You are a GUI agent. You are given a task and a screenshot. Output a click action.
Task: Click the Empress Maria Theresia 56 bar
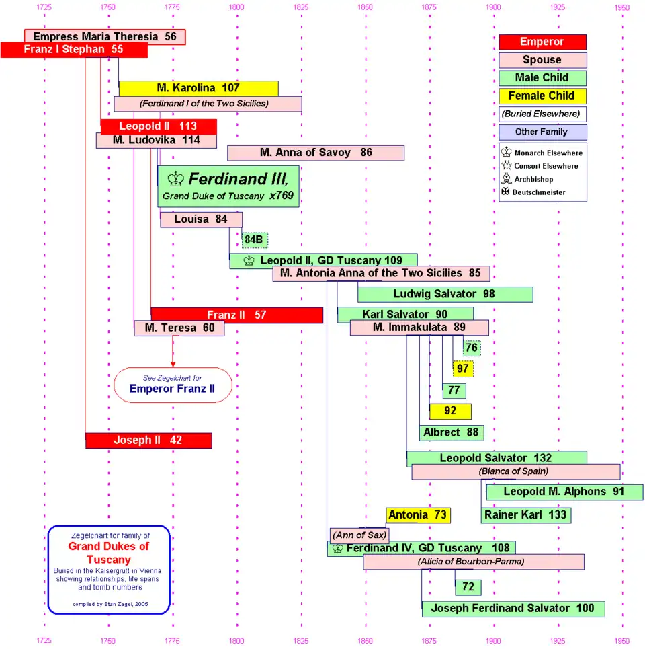[x=104, y=36]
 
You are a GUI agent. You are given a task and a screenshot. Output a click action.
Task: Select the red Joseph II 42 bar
[x=148, y=441]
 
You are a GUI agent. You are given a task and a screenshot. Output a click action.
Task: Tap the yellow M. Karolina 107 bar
[x=198, y=88]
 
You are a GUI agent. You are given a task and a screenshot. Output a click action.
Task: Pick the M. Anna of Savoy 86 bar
[x=316, y=153]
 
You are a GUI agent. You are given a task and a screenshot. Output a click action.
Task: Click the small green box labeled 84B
[x=255, y=240]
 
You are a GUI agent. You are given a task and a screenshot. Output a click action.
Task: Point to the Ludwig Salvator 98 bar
[x=445, y=294]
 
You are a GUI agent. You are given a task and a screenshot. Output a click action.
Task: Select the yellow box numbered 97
[x=463, y=369]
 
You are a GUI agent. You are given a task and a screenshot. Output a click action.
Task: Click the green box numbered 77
[x=454, y=391]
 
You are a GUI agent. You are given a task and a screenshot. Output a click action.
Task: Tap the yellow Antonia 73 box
[x=418, y=515]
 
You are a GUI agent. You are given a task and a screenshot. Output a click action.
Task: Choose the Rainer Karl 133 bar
[x=525, y=515]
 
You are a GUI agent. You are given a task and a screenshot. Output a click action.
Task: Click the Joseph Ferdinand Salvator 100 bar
[x=513, y=609]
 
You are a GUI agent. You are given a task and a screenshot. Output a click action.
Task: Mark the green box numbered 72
[x=468, y=587]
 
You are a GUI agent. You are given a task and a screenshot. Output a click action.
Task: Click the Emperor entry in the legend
[x=542, y=42]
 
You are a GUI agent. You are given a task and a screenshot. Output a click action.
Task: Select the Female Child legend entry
[x=542, y=96]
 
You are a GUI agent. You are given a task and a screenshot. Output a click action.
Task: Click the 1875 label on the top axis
[x=429, y=7]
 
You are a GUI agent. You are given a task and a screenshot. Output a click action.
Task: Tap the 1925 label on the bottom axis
[x=558, y=640]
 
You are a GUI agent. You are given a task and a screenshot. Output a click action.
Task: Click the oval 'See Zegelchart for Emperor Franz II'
[x=173, y=385]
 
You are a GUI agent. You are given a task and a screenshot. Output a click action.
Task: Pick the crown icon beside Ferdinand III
[x=176, y=179]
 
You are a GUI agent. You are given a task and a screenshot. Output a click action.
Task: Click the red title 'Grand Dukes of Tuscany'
[x=109, y=553]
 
